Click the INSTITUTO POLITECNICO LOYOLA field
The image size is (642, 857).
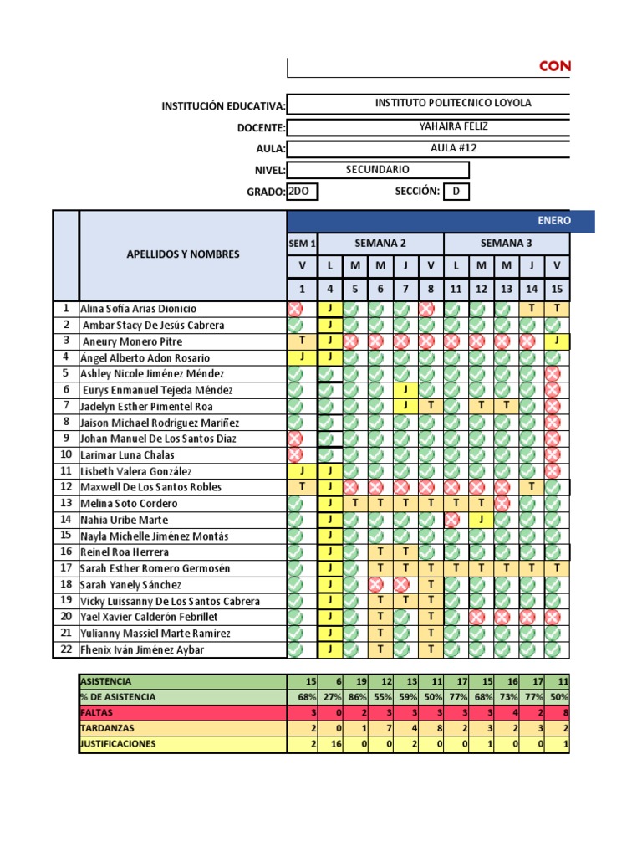coord(452,104)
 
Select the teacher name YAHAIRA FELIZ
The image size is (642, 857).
coord(452,126)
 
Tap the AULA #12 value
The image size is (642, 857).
coord(452,148)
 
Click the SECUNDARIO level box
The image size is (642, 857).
coord(377,170)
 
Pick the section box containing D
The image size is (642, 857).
coord(456,192)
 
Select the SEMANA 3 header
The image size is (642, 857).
coord(507,244)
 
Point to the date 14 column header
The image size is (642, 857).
coord(532,289)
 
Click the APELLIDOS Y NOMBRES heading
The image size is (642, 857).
coord(182,254)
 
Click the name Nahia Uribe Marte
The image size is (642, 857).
coord(124,520)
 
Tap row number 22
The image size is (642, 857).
coord(65,649)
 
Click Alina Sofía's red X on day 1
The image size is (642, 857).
coord(295,309)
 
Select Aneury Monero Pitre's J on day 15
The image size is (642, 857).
coord(556,341)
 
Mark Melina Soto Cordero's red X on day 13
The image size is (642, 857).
coord(504,503)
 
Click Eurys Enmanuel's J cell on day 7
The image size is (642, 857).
coord(405,389)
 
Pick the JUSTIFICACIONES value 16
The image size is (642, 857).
coord(332,743)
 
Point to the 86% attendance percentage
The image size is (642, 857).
coord(356,697)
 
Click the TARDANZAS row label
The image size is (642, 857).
coord(107,728)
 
